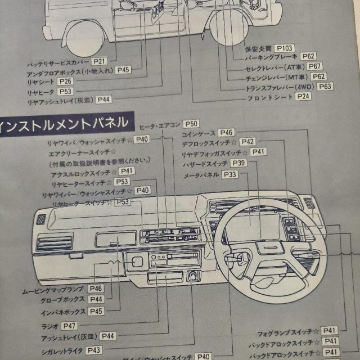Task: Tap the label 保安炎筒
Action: [260, 49]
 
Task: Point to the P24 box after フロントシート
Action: [303, 97]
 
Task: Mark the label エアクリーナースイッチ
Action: [83, 152]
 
